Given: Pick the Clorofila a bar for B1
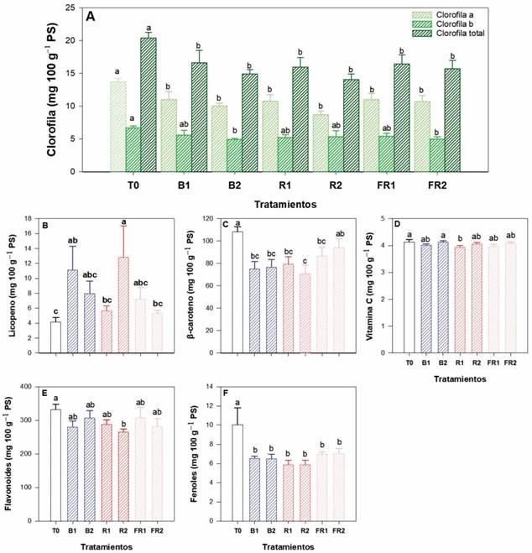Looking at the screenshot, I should pyautogui.click(x=169, y=135).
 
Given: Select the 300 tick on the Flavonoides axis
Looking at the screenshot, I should pyautogui.click(x=28, y=420).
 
